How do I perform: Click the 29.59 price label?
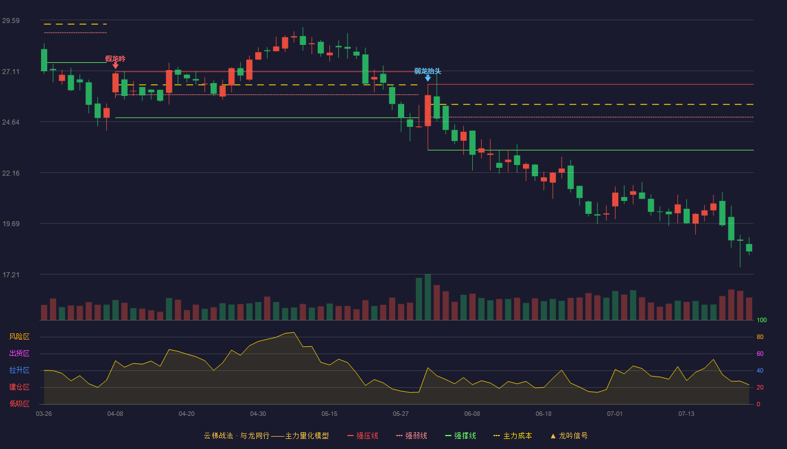point(11,21)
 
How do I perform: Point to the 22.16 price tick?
point(11,173)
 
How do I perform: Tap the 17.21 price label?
point(11,274)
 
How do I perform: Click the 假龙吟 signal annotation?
point(115,58)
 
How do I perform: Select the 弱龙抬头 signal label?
point(428,71)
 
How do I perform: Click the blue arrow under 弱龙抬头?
point(428,78)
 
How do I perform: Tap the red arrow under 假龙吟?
point(115,66)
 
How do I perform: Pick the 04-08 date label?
point(115,414)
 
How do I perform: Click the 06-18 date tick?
point(544,414)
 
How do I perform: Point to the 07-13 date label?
point(686,414)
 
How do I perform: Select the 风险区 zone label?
point(19,337)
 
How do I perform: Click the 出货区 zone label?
point(19,353)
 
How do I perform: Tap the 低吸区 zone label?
point(19,404)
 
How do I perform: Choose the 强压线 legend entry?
point(363,436)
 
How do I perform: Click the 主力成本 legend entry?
point(513,436)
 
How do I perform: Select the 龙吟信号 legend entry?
point(569,436)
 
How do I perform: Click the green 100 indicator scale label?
point(762,320)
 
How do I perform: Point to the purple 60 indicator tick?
point(760,354)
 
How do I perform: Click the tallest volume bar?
point(428,297)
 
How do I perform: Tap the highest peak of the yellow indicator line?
point(293,332)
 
